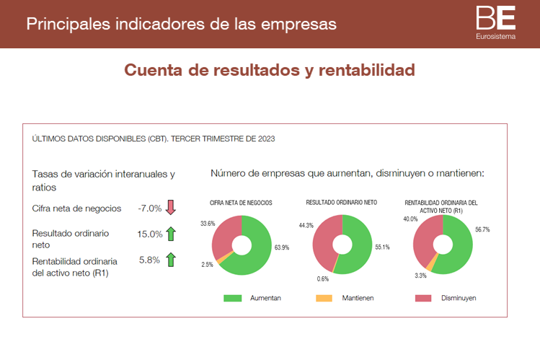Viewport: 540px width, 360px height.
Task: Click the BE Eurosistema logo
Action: (x=496, y=22)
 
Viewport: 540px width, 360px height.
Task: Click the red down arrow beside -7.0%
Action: (x=171, y=208)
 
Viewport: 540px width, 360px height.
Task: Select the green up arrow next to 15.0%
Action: (x=171, y=234)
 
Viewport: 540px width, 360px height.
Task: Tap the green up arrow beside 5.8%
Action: (x=171, y=260)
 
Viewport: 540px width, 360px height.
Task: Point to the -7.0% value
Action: (x=150, y=208)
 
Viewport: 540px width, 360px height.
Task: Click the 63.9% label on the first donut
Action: (x=281, y=247)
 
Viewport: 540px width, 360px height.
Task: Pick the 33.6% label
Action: (x=208, y=224)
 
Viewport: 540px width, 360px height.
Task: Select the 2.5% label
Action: (x=207, y=265)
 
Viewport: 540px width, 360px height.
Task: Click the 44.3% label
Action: (x=305, y=226)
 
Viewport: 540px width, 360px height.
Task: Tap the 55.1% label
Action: (x=382, y=247)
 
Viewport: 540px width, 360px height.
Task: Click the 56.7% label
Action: (x=482, y=230)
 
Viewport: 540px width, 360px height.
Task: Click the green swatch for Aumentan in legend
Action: (x=233, y=298)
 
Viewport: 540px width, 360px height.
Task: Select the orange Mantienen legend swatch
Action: (x=324, y=298)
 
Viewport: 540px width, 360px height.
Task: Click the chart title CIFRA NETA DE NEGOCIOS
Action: (x=241, y=203)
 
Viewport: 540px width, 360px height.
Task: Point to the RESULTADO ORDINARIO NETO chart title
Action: (x=342, y=203)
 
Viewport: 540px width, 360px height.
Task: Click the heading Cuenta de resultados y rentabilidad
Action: (x=270, y=70)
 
